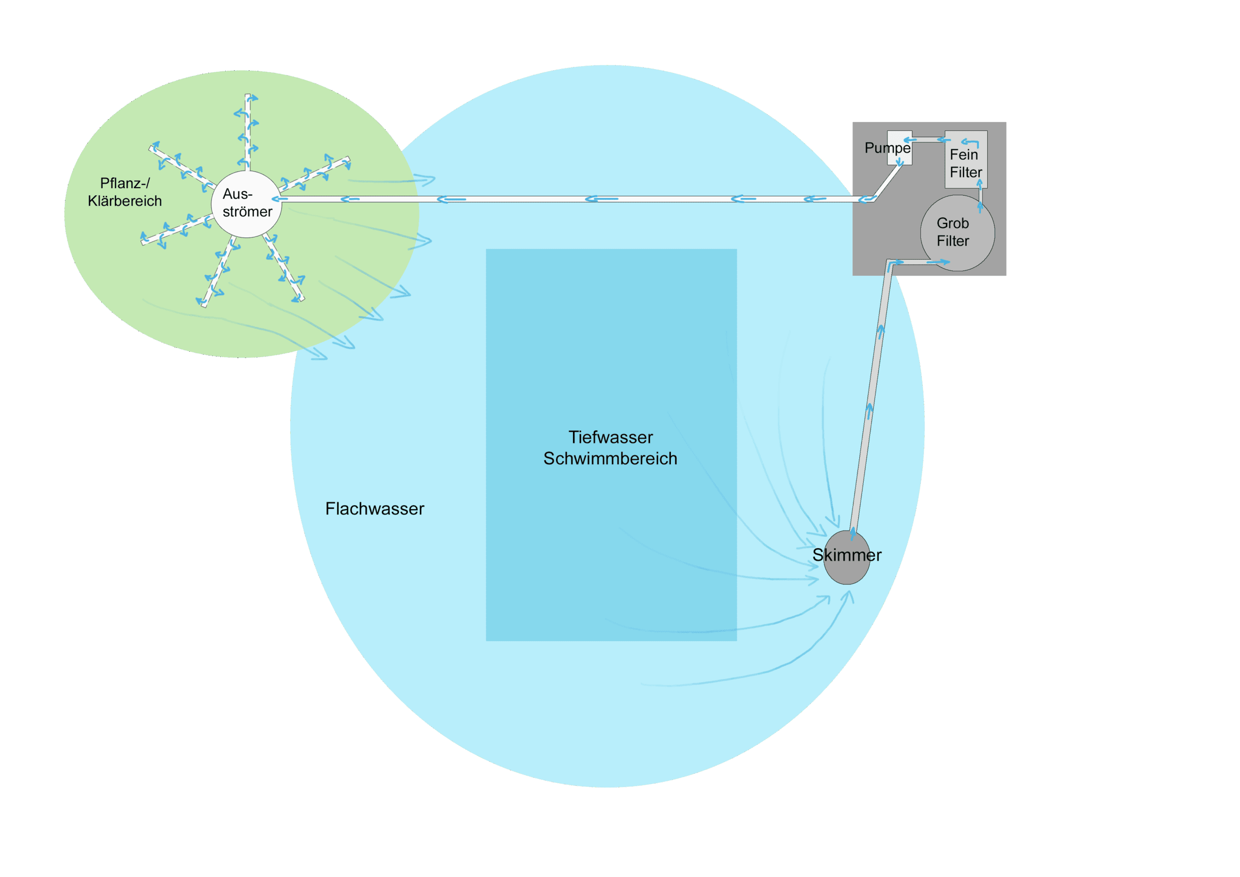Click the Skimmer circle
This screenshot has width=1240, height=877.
point(846,567)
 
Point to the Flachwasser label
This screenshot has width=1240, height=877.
point(374,508)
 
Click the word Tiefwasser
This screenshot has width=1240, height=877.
point(610,437)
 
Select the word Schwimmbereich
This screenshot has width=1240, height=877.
point(610,458)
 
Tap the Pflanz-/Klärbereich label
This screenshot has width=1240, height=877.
point(125,192)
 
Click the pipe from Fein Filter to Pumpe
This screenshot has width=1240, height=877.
point(928,140)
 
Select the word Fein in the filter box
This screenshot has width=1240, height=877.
point(963,155)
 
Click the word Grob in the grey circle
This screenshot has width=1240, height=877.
point(952,223)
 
